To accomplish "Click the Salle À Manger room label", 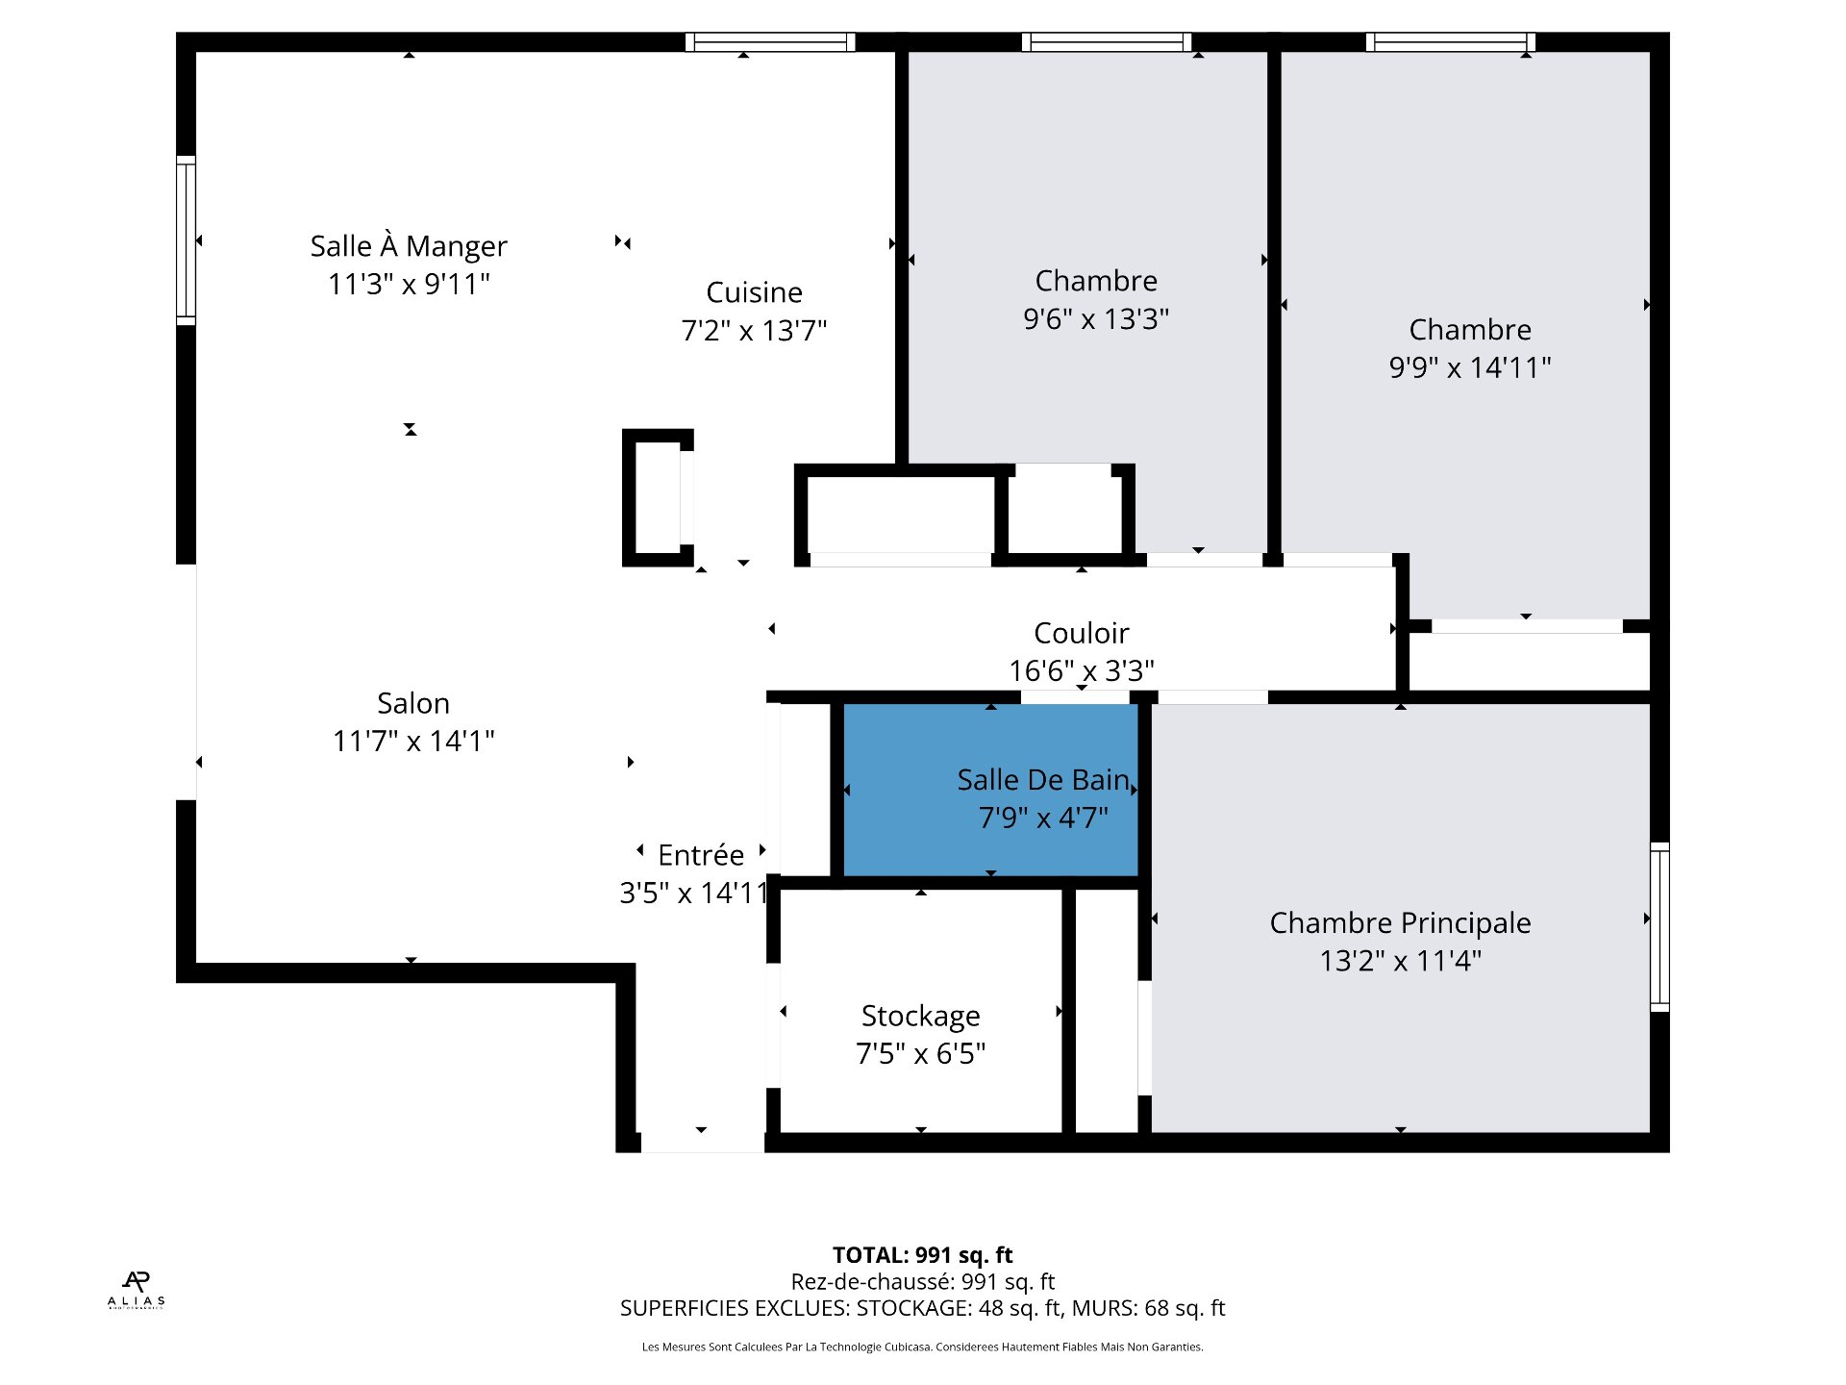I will coord(408,246).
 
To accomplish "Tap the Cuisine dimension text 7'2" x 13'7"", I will coord(754,331).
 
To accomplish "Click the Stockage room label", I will coord(920,1016).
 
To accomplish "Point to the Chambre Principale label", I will coord(1400,923).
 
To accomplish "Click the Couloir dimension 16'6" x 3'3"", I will coord(1081,670).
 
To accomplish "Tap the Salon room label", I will coord(412,703).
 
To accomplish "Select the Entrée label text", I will coord(701,855).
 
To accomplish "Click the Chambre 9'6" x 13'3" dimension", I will coord(1096,318).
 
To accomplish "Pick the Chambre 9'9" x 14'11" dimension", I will coord(1469,367).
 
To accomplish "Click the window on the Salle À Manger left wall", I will coord(186,240).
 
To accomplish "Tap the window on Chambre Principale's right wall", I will coord(1659,926).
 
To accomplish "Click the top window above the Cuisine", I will coord(770,42).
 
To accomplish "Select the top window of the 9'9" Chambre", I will coord(1450,42).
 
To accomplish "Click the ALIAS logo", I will coord(137,1290).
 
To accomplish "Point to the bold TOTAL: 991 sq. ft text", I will coord(922,1255).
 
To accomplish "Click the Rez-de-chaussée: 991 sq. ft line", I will coord(922,1282).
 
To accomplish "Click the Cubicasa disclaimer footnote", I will coord(922,1347).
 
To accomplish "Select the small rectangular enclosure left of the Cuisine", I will coord(658,497).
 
